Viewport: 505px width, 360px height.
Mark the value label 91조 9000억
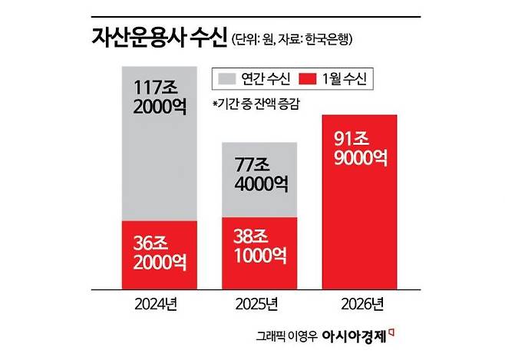tap(360, 150)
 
